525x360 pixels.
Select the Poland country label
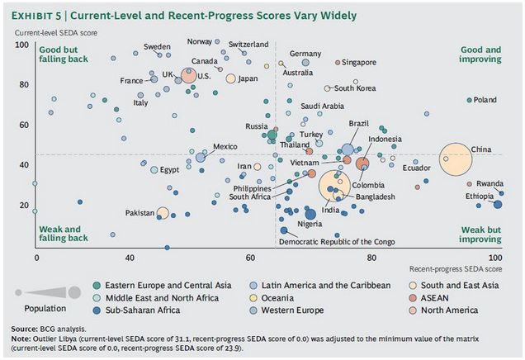pyautogui.click(x=485, y=100)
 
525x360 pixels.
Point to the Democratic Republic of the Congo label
pyautogui.click(x=337, y=242)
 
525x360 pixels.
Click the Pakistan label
pyautogui.click(x=140, y=213)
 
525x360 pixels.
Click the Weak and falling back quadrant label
pyautogui.click(x=63, y=233)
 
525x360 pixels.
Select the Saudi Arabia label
pyautogui.click(x=322, y=106)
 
